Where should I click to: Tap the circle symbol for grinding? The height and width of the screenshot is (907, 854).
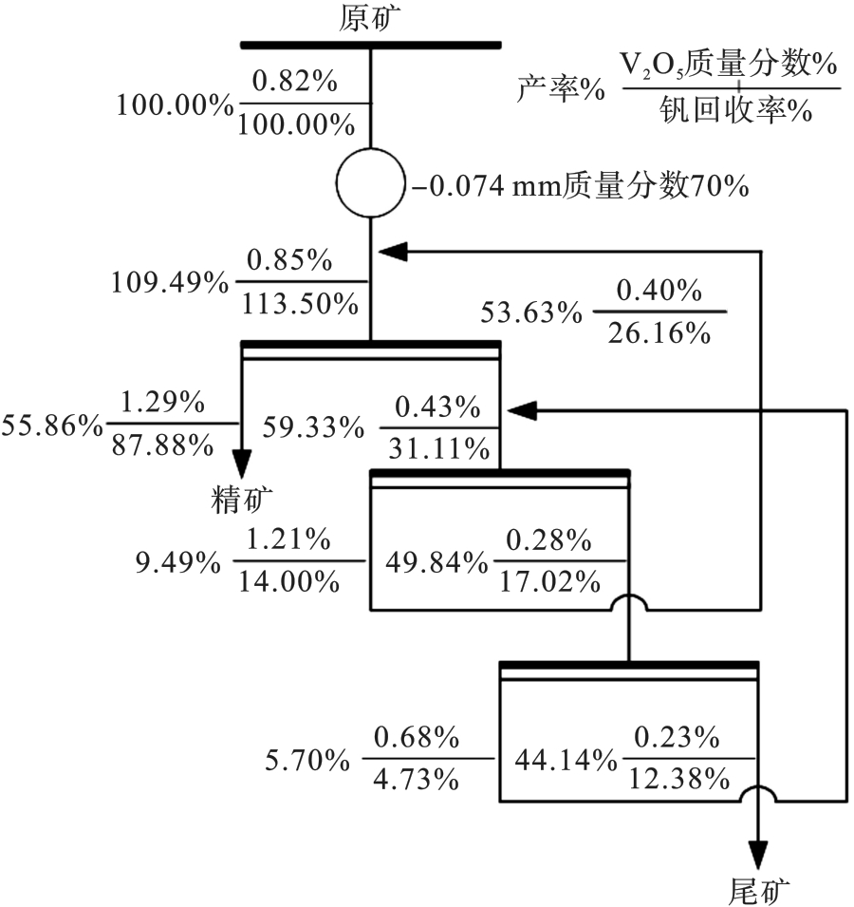pos(370,180)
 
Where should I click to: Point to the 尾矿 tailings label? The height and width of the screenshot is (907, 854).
pos(758,890)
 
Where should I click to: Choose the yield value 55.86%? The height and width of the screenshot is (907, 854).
pos(53,425)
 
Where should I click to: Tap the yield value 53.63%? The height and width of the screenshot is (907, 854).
pos(530,312)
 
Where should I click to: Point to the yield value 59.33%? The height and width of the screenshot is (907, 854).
pos(314,429)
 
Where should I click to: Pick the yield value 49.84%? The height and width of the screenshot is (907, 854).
pos(436,562)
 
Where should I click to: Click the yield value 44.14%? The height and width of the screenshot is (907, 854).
pos(563,760)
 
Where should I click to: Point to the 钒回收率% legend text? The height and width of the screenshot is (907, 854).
pos(733,110)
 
